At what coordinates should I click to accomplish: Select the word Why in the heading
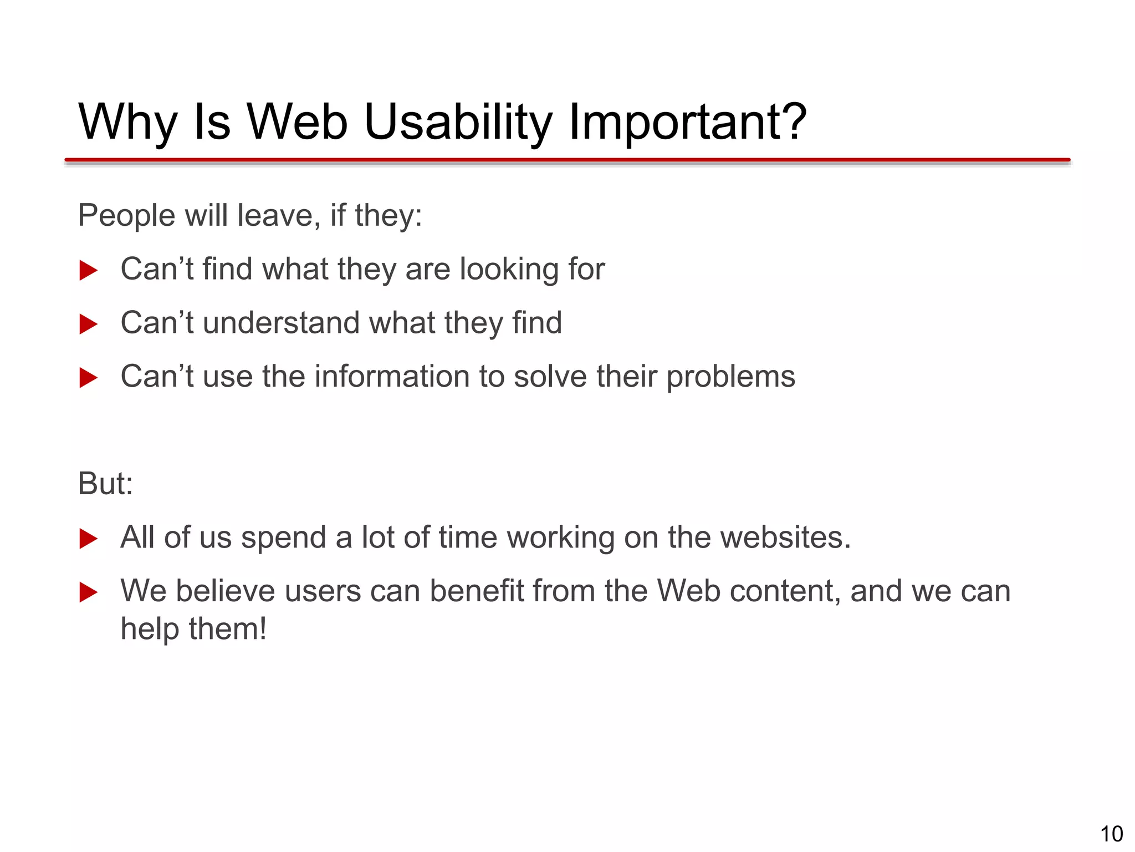tap(127, 123)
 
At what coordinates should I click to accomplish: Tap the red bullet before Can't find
tap(88, 270)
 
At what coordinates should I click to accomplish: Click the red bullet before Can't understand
tap(88, 324)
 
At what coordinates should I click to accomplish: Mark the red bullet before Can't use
tap(88, 378)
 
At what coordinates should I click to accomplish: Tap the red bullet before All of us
tap(88, 539)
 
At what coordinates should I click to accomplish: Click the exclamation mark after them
tap(263, 629)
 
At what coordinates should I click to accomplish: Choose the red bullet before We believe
tap(88, 592)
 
